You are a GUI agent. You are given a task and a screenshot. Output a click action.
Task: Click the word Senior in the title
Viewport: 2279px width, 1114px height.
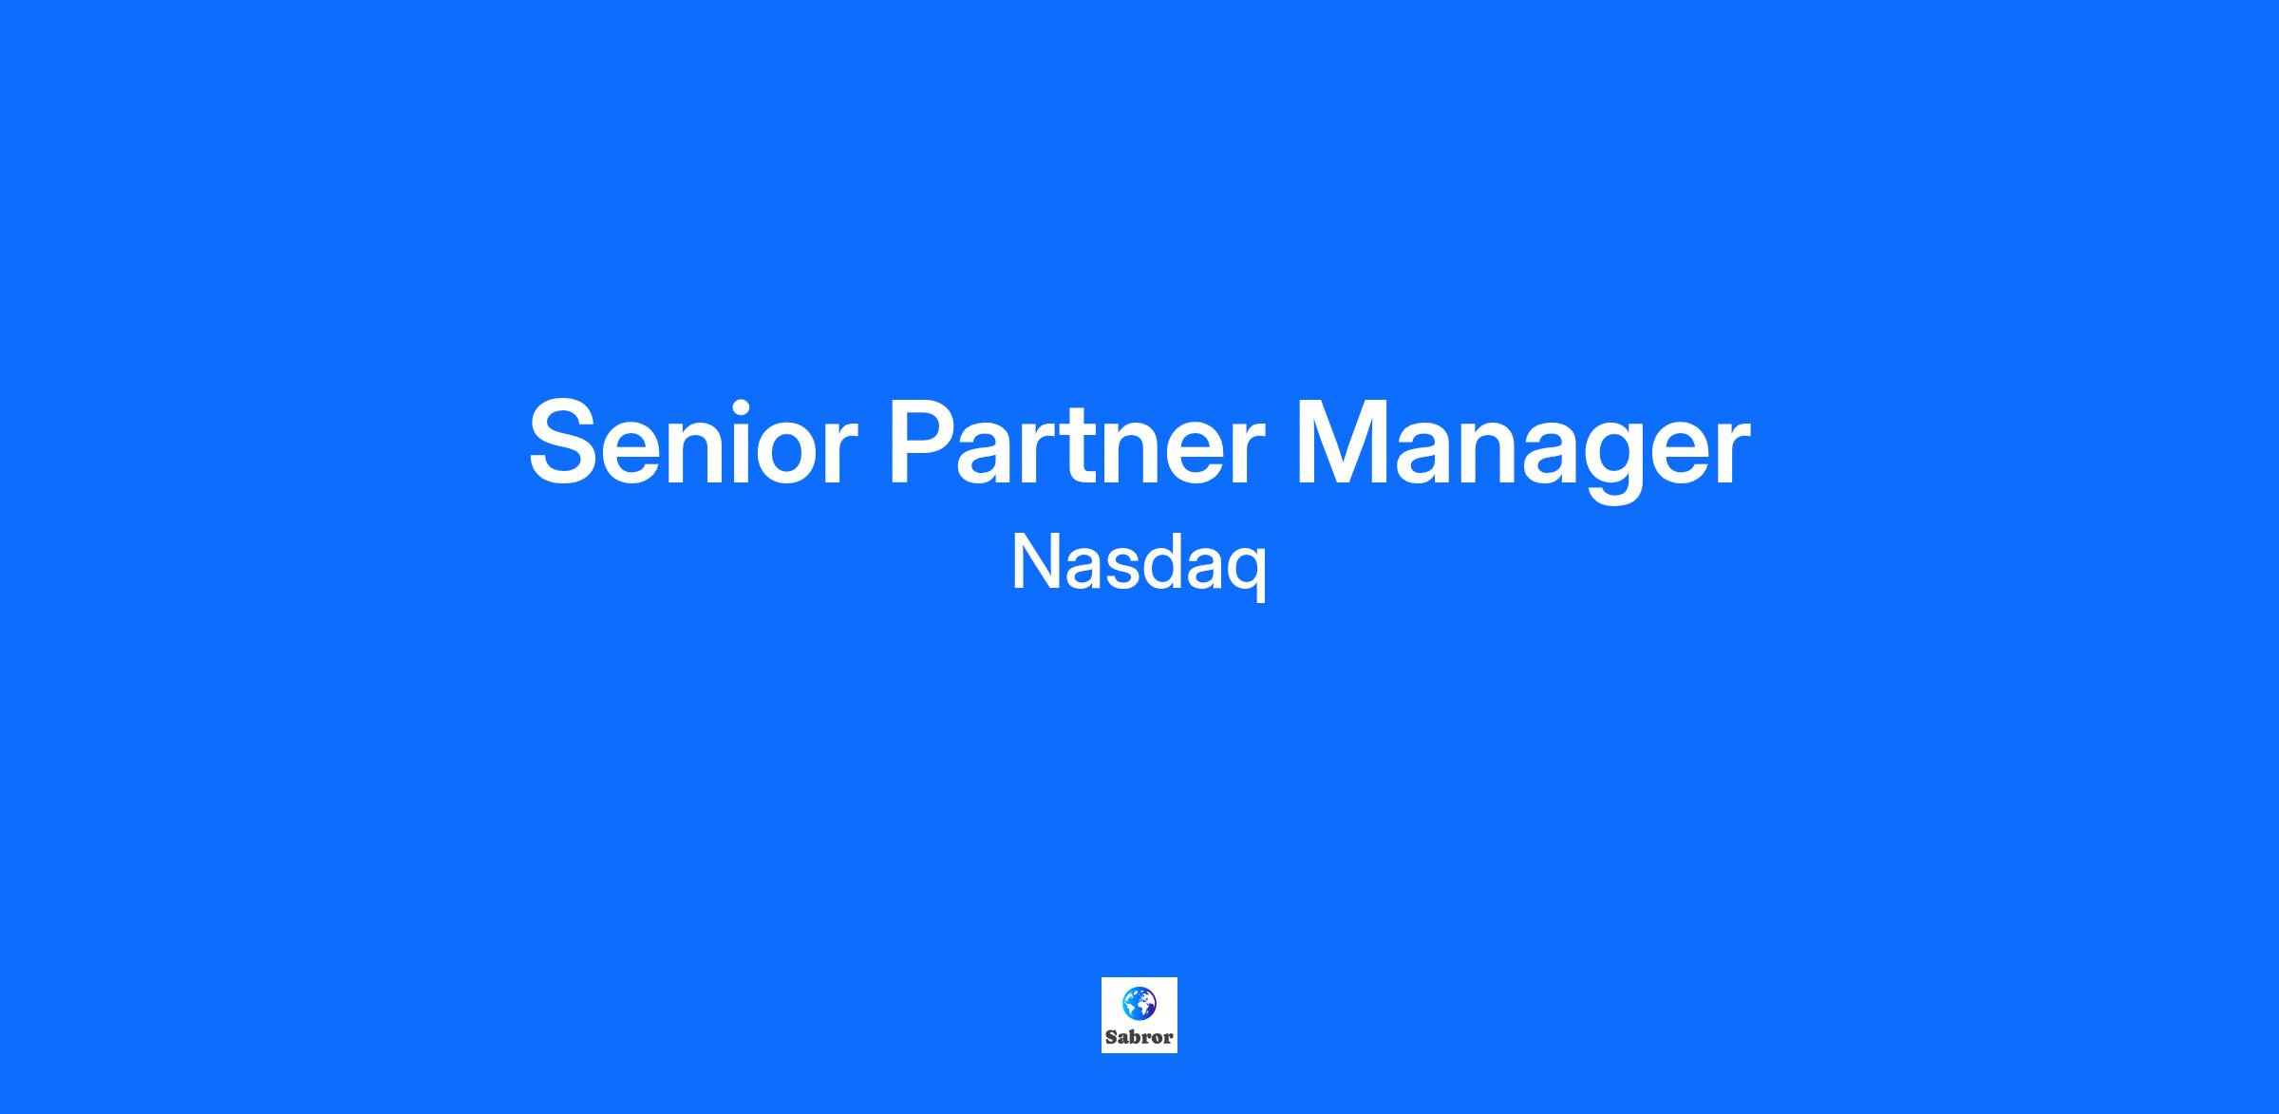click(693, 443)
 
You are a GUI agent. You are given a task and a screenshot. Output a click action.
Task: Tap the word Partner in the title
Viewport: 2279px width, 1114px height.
click(1077, 443)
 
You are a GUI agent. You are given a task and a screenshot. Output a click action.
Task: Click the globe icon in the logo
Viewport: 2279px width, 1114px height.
click(1139, 1003)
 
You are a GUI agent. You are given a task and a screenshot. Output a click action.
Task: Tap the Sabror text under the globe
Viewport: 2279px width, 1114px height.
click(1139, 1037)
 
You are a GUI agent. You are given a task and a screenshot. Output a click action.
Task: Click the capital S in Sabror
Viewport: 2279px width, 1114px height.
click(1111, 1037)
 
